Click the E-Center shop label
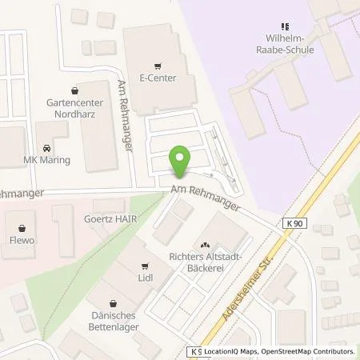158,79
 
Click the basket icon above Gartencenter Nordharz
74,91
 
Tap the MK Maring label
46,160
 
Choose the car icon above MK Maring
46,148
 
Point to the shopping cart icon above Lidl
144,266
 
